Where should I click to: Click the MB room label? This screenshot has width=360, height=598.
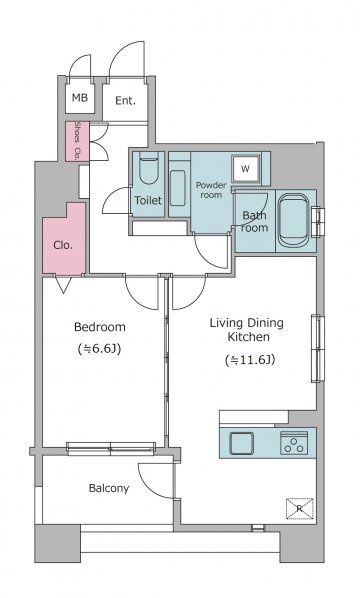point(80,98)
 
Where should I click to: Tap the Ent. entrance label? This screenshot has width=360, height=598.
point(125,101)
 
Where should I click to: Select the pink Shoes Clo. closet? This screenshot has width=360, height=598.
point(77,141)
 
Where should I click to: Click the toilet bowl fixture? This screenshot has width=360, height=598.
point(148,168)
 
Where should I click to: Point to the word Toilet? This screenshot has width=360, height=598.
point(148,200)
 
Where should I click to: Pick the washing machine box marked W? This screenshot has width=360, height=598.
point(246,169)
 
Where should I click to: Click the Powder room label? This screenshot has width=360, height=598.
point(211,190)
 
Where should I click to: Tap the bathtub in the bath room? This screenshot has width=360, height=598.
point(293,221)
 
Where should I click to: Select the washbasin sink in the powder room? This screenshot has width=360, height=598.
point(178,188)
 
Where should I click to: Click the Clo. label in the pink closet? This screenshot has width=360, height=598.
point(63,245)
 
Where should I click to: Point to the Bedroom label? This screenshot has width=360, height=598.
point(100,327)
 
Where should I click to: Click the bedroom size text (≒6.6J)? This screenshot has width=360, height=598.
point(100,349)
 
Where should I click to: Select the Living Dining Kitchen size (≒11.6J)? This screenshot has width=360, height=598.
point(250,360)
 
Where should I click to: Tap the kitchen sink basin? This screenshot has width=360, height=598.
point(241,443)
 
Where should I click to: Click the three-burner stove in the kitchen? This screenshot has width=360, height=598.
point(294,443)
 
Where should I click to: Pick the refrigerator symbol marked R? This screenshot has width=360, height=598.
point(299,508)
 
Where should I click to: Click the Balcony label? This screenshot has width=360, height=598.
point(109,488)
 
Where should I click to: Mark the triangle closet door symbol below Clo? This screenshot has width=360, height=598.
point(63,284)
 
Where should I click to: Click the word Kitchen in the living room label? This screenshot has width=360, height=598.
point(249,337)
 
